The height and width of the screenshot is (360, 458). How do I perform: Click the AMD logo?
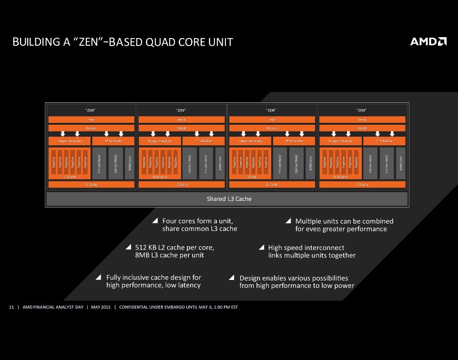[428, 41]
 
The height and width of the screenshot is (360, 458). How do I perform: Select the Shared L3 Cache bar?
[229, 199]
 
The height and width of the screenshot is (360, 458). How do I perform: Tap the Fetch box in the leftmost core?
[91, 120]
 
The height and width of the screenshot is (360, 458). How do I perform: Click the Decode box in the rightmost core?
[362, 128]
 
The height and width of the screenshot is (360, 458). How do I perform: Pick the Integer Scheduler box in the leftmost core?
[69, 141]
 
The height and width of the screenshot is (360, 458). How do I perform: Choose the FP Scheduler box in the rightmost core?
[384, 141]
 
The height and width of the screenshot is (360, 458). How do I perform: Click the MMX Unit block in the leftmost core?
[129, 163]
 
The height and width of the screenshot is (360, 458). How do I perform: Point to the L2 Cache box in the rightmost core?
[362, 184]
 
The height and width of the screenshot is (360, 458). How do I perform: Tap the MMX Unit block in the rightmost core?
[401, 163]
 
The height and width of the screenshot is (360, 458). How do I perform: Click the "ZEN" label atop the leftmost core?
[91, 110]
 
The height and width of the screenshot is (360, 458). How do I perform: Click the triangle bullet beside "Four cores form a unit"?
[155, 221]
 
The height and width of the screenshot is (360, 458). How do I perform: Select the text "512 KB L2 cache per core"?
[175, 248]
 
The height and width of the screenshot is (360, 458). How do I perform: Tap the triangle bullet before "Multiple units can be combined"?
[288, 221]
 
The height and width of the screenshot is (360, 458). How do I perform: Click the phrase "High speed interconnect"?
[306, 248]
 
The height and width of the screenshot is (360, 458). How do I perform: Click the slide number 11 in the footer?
[11, 307]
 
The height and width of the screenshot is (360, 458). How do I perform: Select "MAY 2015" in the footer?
[101, 307]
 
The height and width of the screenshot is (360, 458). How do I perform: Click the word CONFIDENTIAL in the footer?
[135, 307]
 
